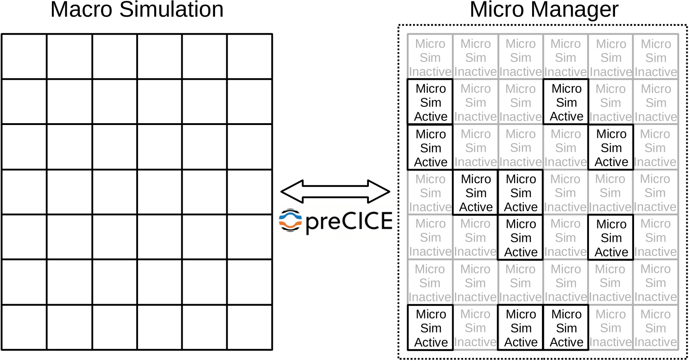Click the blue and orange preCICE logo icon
pos(290,221)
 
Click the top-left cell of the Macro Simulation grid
pos(24,56)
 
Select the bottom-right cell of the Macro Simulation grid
pos(249,327)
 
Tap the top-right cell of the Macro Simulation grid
pos(249,56)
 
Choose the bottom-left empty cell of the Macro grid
pos(24,327)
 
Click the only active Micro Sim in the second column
pos(475,193)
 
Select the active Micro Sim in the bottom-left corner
pos(430,328)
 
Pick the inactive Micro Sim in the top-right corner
pos(656,57)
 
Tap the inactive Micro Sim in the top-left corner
pos(430,57)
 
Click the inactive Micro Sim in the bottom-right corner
pos(656,328)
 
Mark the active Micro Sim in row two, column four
pos(566,102)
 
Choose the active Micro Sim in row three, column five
pos(611,148)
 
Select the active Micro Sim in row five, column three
pos(520,238)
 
